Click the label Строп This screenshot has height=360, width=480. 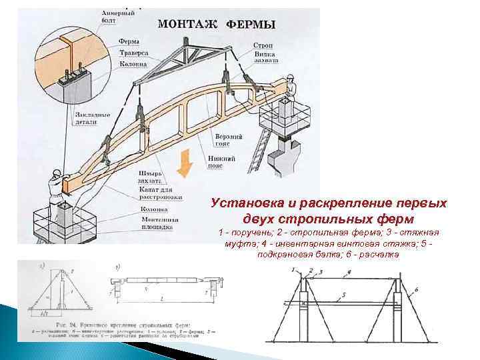(262, 45)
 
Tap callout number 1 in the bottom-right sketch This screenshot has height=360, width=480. (292, 269)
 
